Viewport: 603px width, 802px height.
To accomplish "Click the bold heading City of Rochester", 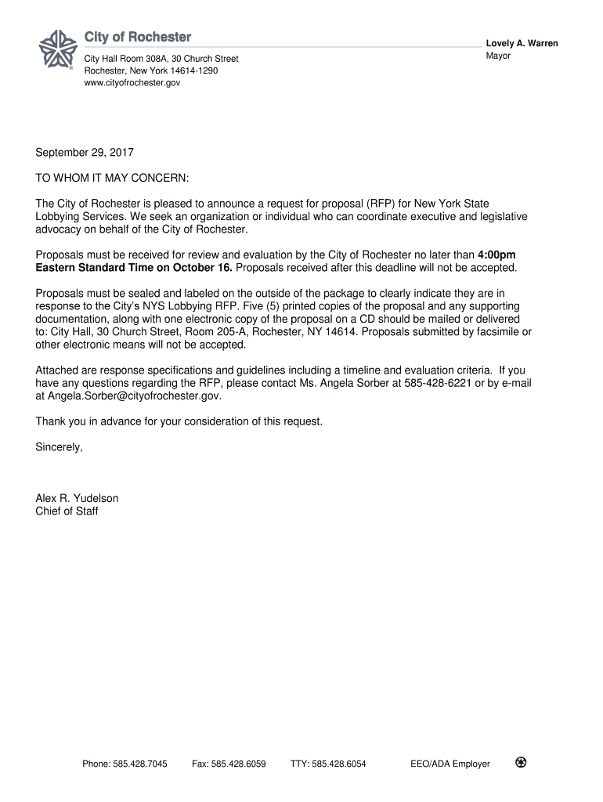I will pos(138,38).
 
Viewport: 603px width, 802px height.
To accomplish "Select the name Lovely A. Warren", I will pos(522,44).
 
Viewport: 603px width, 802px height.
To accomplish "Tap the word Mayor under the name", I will pos(498,56).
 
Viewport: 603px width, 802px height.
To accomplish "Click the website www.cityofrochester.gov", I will pos(132,82).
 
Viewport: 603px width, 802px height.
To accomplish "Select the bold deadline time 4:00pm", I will pos(496,255).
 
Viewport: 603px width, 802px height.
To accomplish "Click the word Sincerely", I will pos(59,447).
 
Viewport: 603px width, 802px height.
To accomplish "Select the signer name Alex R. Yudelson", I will pos(77,498).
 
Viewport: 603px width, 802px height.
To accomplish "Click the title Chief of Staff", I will pos(67,511).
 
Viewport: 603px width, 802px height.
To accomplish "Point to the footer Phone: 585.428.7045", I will pos(125,764).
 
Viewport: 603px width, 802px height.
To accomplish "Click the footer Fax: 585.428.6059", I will pos(229,764).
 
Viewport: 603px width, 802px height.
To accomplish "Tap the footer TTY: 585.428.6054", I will pos(327,764).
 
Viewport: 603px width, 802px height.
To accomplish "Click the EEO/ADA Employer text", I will pos(450,764).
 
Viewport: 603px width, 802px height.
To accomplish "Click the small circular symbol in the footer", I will pos(520,763).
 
